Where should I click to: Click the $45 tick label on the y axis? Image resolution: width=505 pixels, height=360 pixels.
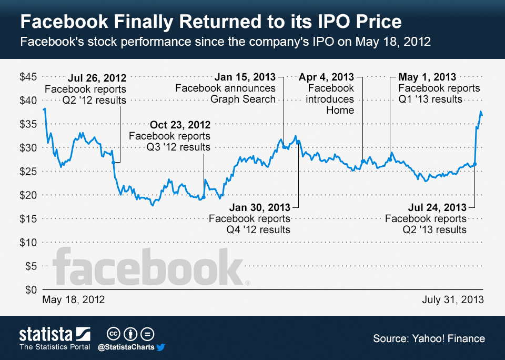(x=28, y=77)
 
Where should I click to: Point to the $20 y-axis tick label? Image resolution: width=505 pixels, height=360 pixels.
(x=28, y=195)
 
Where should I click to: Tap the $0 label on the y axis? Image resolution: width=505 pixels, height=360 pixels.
(x=31, y=290)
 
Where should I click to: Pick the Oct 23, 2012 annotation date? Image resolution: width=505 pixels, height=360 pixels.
(x=180, y=125)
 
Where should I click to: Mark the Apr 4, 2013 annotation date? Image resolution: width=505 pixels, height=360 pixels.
(x=326, y=77)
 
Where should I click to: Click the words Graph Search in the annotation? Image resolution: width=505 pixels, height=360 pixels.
(x=243, y=99)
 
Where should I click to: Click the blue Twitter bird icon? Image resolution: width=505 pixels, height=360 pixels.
(x=161, y=347)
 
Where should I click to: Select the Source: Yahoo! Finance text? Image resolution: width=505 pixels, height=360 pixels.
(x=429, y=338)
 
